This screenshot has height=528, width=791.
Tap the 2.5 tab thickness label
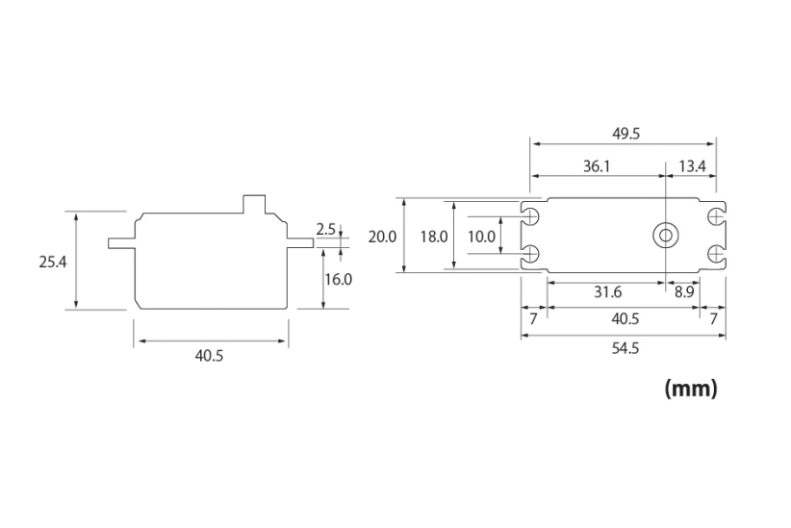(x=325, y=229)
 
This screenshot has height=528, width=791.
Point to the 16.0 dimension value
(x=339, y=279)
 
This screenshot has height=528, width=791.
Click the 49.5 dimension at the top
(x=625, y=134)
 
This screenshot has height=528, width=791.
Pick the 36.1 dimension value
(x=597, y=166)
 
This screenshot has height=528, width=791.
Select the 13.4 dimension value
(x=692, y=166)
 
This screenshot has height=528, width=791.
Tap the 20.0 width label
(x=382, y=236)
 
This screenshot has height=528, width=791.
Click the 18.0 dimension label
(x=435, y=236)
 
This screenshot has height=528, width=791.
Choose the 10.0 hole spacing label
(x=481, y=236)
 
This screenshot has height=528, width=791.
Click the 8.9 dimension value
(x=684, y=291)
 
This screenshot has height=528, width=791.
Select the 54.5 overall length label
(x=625, y=348)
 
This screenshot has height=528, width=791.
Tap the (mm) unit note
(x=691, y=390)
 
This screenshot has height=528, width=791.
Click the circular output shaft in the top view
(x=665, y=235)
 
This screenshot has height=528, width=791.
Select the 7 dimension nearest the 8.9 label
(x=712, y=317)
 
